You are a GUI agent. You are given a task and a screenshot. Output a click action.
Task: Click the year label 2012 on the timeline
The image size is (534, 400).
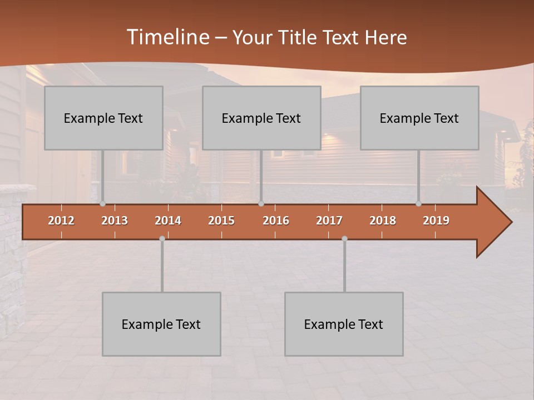(x=61, y=221)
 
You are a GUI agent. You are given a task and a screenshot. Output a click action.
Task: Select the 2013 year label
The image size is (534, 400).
(x=115, y=221)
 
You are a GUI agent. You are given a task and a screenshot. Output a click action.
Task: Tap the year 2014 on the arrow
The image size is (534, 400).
(x=168, y=221)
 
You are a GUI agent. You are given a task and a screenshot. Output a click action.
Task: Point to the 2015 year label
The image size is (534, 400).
(x=221, y=221)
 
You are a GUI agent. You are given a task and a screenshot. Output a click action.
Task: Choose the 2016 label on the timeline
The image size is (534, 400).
(x=276, y=221)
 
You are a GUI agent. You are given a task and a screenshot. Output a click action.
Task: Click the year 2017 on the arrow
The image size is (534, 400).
(x=329, y=221)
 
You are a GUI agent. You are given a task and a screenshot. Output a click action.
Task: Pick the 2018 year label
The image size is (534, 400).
(x=383, y=221)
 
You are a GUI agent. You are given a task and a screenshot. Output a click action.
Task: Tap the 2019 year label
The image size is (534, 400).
(x=436, y=221)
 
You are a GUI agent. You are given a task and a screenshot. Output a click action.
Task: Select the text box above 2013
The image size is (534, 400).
(x=103, y=118)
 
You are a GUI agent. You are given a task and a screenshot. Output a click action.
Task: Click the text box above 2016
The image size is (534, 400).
(x=261, y=118)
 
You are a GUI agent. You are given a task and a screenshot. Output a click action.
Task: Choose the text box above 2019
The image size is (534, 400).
(x=419, y=118)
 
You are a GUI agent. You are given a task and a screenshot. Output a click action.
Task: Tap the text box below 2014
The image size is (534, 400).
(x=161, y=324)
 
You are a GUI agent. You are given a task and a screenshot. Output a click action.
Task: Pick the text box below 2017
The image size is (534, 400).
(x=344, y=324)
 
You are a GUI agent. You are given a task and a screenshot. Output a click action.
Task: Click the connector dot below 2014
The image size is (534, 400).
(x=162, y=238)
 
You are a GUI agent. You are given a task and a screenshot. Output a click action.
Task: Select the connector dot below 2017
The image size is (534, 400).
(x=344, y=238)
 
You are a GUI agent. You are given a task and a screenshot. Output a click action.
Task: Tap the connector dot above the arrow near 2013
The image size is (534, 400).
(x=102, y=204)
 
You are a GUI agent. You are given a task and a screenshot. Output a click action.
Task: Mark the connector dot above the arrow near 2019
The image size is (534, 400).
(x=418, y=204)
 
